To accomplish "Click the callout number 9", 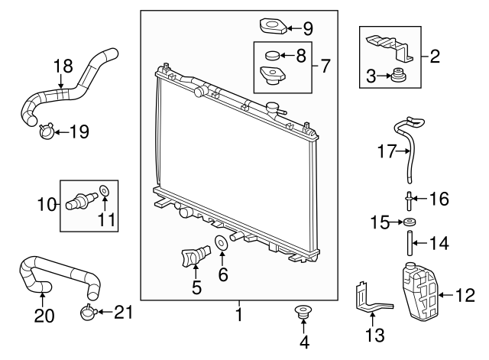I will [308, 30].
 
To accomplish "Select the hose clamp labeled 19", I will [45, 132].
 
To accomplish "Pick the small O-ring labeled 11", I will [105, 190].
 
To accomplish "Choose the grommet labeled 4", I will [303, 312].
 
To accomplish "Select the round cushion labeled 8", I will [271, 55].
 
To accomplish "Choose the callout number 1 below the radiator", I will [238, 314].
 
